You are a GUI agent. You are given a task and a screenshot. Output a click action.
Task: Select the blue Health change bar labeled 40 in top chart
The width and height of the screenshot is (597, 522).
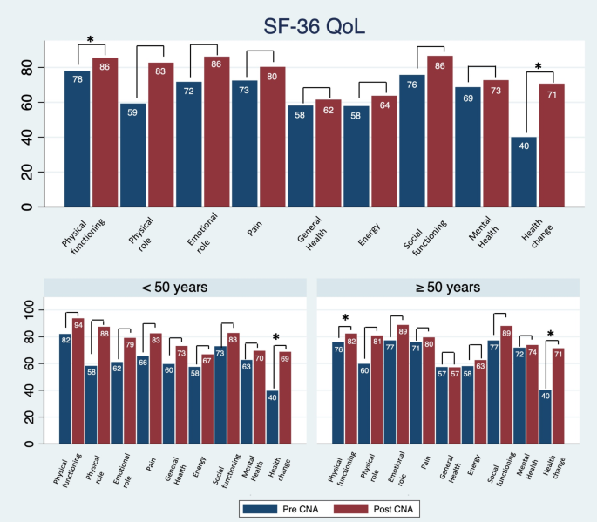(524, 172)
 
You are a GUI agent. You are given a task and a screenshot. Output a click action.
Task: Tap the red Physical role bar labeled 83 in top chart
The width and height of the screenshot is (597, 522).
(160, 135)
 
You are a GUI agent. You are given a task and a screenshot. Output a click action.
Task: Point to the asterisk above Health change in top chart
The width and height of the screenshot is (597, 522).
(538, 67)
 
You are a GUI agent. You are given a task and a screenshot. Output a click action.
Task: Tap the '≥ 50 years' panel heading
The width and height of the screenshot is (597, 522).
(448, 288)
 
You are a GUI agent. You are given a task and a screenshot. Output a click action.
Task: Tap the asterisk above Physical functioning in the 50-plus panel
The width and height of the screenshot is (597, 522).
(346, 319)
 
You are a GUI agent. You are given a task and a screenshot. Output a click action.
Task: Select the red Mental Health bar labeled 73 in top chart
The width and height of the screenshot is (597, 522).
(496, 143)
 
